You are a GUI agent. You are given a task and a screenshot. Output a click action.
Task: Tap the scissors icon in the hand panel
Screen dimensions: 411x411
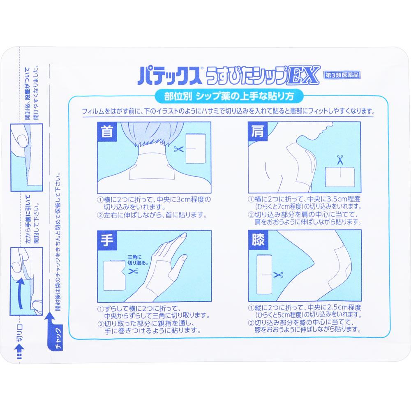[x=133, y=271]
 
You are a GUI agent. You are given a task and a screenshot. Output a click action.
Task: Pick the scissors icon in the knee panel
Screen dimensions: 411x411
[x=278, y=275]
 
